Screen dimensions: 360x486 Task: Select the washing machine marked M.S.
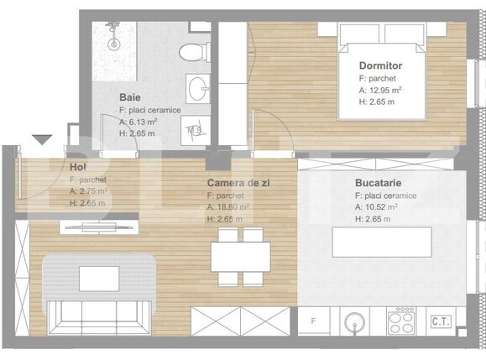click(x=194, y=129)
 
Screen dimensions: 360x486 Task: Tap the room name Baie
click(x=128, y=97)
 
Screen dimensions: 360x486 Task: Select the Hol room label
click(x=77, y=166)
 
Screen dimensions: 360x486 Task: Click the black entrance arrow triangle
click(x=42, y=139)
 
